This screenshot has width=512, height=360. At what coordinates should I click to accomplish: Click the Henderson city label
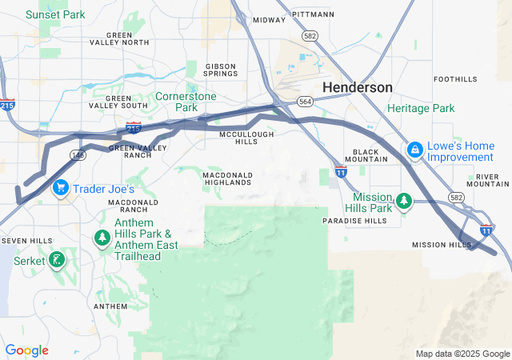click(x=358, y=87)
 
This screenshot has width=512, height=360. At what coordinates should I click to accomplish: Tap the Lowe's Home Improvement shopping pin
click(x=414, y=150)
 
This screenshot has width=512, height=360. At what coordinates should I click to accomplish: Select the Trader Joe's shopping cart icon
click(x=60, y=189)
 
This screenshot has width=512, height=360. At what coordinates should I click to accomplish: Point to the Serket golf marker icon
click(x=57, y=259)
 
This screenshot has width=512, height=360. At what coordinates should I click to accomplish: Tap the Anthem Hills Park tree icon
click(x=102, y=238)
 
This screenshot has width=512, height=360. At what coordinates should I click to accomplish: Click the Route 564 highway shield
click(x=305, y=101)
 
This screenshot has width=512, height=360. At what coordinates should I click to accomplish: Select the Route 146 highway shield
click(x=78, y=154)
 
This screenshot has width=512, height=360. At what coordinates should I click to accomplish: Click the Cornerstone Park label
click(x=186, y=101)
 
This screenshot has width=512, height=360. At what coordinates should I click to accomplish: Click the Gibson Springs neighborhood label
click(x=221, y=70)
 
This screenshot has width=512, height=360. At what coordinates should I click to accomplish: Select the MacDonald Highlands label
click(x=227, y=178)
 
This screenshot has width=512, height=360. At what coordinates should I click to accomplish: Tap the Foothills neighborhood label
click(x=455, y=79)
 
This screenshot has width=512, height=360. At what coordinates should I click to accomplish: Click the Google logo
click(x=26, y=350)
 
